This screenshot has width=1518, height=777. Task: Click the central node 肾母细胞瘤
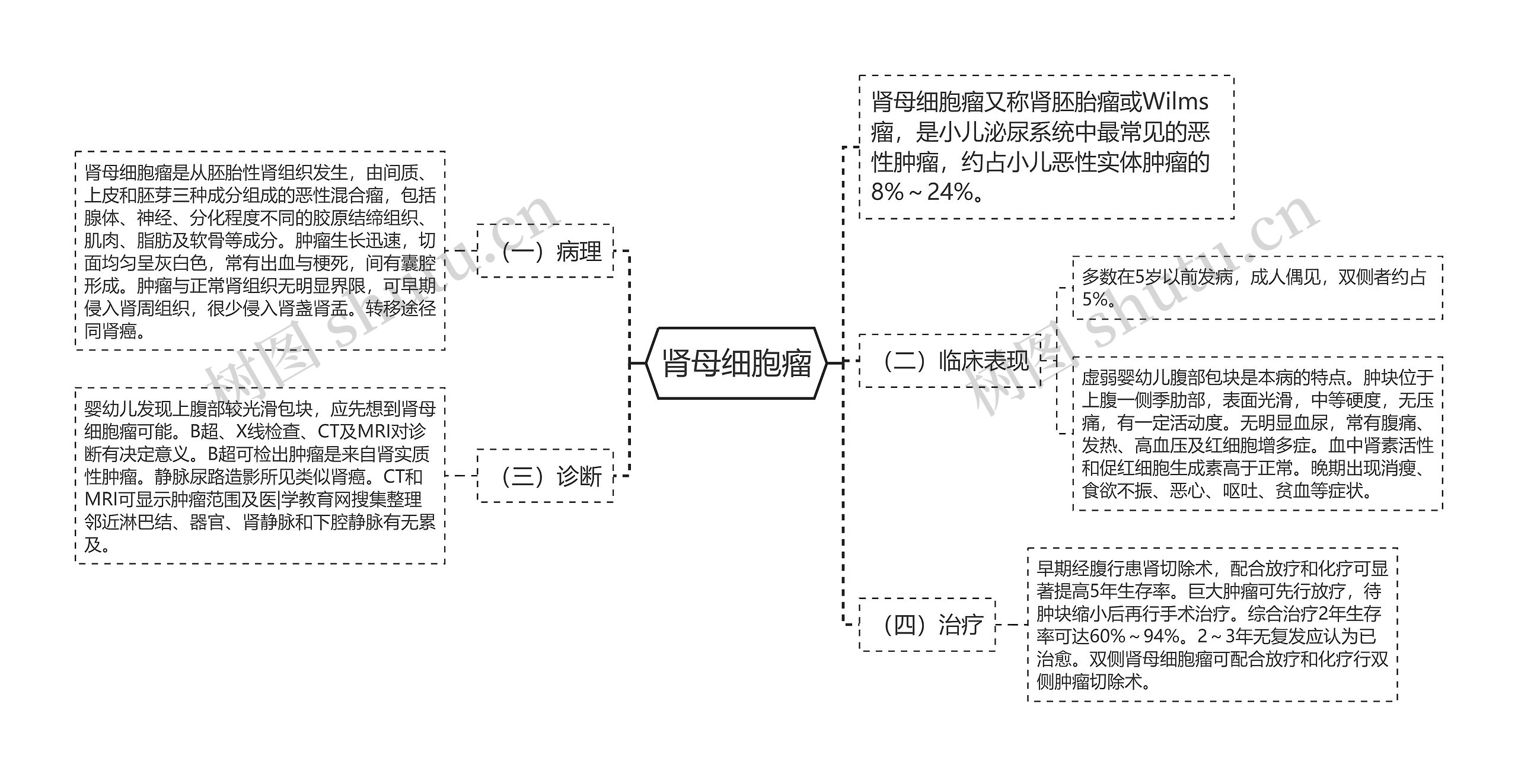coord(736,363)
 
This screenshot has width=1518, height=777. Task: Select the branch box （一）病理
coord(546,251)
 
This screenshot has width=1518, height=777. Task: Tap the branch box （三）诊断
coord(546,476)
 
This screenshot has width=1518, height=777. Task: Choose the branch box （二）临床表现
coord(950,361)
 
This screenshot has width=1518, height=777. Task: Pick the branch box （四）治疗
coord(927,625)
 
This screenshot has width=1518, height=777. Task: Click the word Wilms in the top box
coord(1175,102)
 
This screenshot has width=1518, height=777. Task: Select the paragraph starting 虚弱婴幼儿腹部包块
coord(1257,434)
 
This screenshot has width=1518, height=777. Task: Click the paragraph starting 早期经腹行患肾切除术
coord(1212,625)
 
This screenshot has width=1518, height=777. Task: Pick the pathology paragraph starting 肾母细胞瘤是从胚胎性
coord(260,251)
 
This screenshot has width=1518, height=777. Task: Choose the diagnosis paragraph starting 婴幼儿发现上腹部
coord(260,476)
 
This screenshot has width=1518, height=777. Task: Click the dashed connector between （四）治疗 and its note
coord(1012,625)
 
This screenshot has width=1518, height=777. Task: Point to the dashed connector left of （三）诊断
coord(461,476)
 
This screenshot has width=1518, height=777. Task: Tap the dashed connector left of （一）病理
coord(461,251)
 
